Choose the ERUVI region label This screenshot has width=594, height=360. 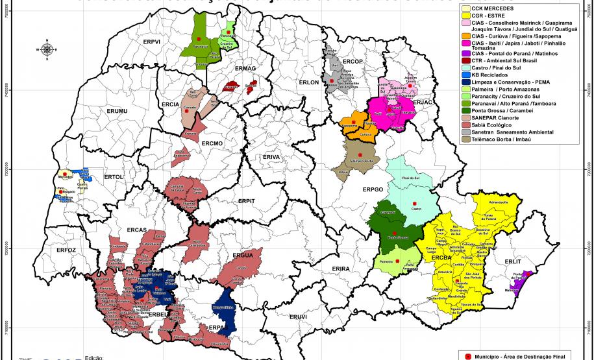coord(297,316)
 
